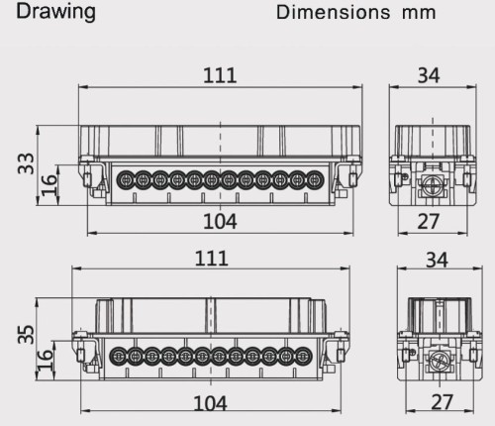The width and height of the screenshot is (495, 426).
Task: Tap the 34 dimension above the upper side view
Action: coord(428,73)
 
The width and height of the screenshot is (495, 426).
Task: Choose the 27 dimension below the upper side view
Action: coord(428,220)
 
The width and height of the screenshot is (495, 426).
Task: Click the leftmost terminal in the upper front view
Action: coord(126,179)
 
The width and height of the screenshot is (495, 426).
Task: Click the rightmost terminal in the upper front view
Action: coord(314,179)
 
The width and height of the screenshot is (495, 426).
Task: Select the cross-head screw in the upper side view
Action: coord(431,184)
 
